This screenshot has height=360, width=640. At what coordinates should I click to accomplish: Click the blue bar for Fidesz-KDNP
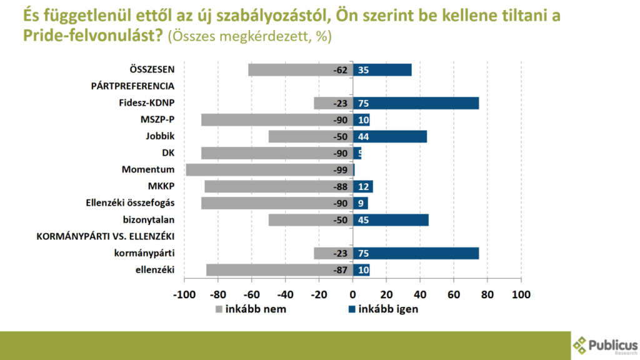point(416,103)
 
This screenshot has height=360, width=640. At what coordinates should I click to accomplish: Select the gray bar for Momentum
point(269,169)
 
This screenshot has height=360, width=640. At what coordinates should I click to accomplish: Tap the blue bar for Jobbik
point(390,136)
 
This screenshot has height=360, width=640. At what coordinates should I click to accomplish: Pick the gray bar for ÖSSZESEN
point(300,70)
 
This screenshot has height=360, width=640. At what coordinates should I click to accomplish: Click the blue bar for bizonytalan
point(391,219)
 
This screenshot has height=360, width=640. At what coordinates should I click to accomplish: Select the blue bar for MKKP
point(363,186)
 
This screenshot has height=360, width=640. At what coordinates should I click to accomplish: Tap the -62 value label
point(340,70)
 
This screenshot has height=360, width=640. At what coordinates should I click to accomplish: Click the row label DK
point(167,152)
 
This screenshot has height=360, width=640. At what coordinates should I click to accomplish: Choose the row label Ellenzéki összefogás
point(130,202)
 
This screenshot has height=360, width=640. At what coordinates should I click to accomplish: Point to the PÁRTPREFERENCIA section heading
point(132,86)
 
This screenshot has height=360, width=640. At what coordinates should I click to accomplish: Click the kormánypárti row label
point(144,252)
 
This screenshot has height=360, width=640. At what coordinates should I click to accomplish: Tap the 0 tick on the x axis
point(352,294)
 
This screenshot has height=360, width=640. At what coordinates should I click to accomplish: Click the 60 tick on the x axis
point(454,294)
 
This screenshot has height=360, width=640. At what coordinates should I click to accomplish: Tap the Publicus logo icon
point(581,345)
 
